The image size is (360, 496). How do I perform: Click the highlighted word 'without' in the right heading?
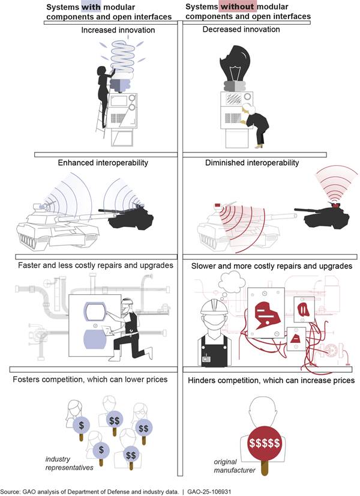coord(239,7)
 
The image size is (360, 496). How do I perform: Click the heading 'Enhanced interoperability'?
coord(103,163)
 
